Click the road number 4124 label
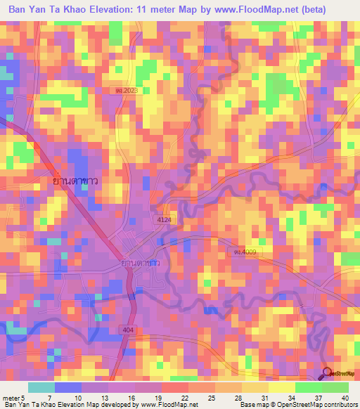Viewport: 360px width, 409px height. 164,220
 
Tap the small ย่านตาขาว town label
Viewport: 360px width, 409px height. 139,263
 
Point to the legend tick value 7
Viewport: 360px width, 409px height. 53,397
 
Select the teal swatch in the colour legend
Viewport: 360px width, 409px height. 41,387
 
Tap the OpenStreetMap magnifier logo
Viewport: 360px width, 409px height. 326,373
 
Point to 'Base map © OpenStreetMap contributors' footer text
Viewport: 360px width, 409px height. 297,405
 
